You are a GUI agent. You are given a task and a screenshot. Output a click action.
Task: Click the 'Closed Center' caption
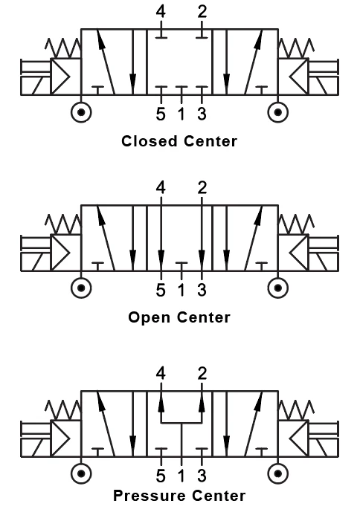click(179, 140)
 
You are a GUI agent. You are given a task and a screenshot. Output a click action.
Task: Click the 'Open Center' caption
click(179, 317)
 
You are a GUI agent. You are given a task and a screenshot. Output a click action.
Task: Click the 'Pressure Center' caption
click(179, 495)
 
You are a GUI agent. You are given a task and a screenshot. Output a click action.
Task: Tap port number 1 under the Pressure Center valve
click(181, 476)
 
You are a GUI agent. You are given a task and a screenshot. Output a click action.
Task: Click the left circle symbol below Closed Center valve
click(80, 112)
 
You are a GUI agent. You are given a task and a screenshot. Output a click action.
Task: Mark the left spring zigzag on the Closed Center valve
click(64, 48)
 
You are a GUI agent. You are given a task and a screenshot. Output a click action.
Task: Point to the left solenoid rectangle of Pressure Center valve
click(34, 436)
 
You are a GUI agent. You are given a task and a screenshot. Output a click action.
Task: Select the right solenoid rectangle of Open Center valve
click(325, 252)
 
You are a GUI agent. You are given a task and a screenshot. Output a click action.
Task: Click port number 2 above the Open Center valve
click(202, 188)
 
